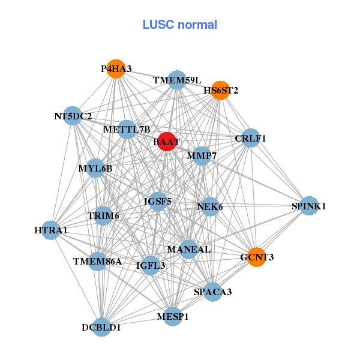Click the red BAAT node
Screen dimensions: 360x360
click(166, 142)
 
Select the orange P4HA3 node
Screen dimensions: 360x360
click(116, 69)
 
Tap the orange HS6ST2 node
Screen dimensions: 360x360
click(221, 91)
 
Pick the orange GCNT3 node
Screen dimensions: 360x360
click(256, 257)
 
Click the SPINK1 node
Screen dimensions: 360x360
click(309, 206)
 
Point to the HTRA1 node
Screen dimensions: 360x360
click(51, 230)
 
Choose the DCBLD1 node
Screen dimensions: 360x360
click(101, 327)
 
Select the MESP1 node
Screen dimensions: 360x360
click(173, 316)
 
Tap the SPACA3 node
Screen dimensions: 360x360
click(213, 292)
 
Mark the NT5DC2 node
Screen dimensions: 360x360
click(73, 116)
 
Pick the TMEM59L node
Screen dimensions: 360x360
click(177, 80)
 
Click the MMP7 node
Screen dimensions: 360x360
click(202, 157)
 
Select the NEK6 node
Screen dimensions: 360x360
click(209, 206)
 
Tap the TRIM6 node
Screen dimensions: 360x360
click(103, 216)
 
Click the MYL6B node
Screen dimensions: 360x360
click(95, 168)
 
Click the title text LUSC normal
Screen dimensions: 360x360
click(180, 25)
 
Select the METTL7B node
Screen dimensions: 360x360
click(127, 129)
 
